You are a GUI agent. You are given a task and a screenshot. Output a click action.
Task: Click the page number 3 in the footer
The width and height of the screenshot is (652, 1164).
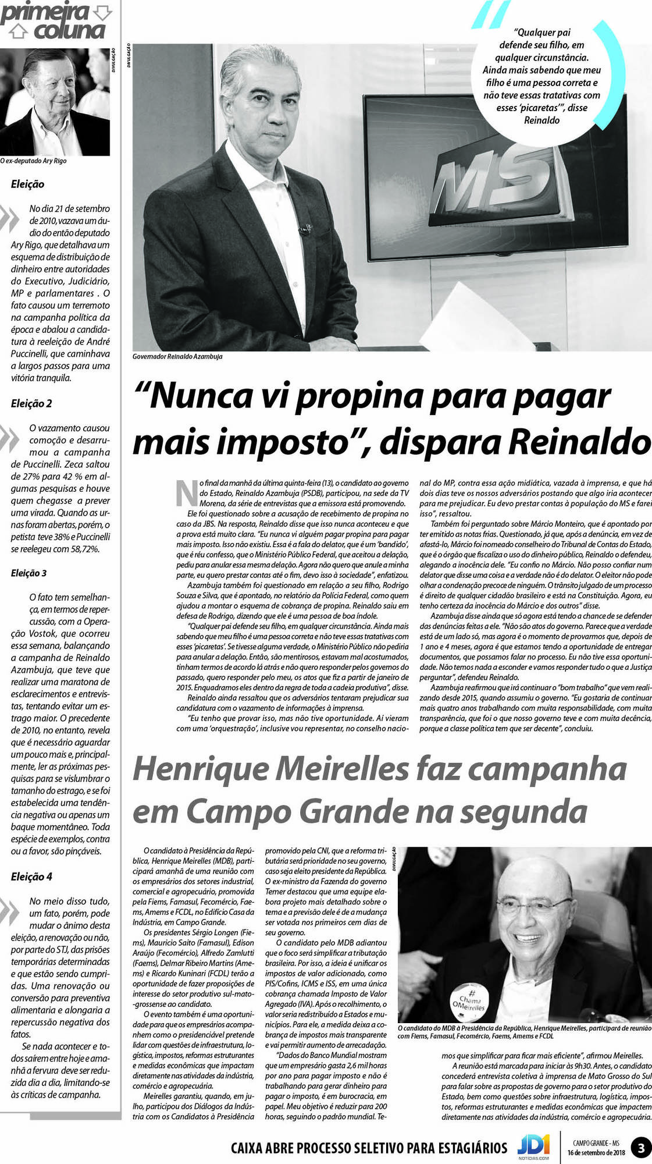(641, 1148)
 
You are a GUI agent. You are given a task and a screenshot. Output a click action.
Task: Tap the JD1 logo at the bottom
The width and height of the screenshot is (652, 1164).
(533, 1147)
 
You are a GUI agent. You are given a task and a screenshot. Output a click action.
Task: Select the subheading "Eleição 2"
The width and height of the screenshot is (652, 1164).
(31, 403)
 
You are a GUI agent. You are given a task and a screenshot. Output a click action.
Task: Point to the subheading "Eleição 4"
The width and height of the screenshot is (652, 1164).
(31, 876)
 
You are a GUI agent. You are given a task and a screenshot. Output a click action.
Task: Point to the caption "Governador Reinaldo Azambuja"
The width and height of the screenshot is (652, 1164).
(177, 356)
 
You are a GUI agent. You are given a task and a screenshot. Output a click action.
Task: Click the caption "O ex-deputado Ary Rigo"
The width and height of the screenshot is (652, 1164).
(33, 161)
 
